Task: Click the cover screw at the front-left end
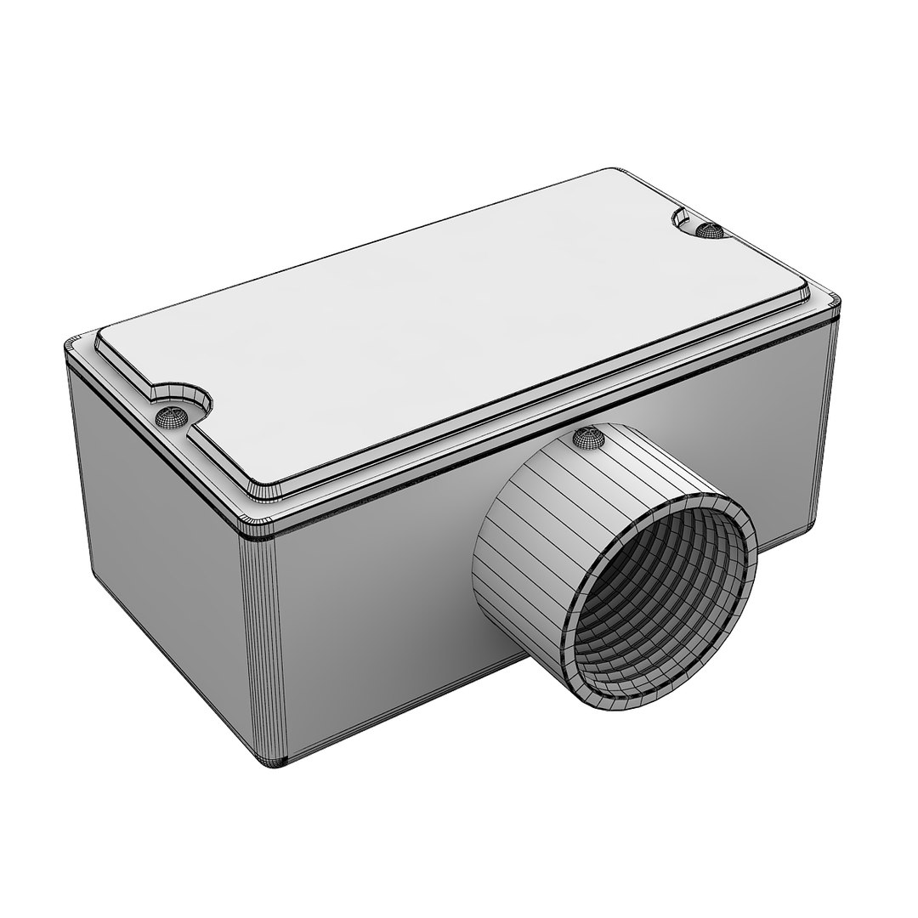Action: pyautogui.click(x=172, y=415)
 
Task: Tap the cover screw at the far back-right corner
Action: pyautogui.click(x=708, y=229)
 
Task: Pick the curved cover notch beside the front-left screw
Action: pyautogui.click(x=183, y=394)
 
